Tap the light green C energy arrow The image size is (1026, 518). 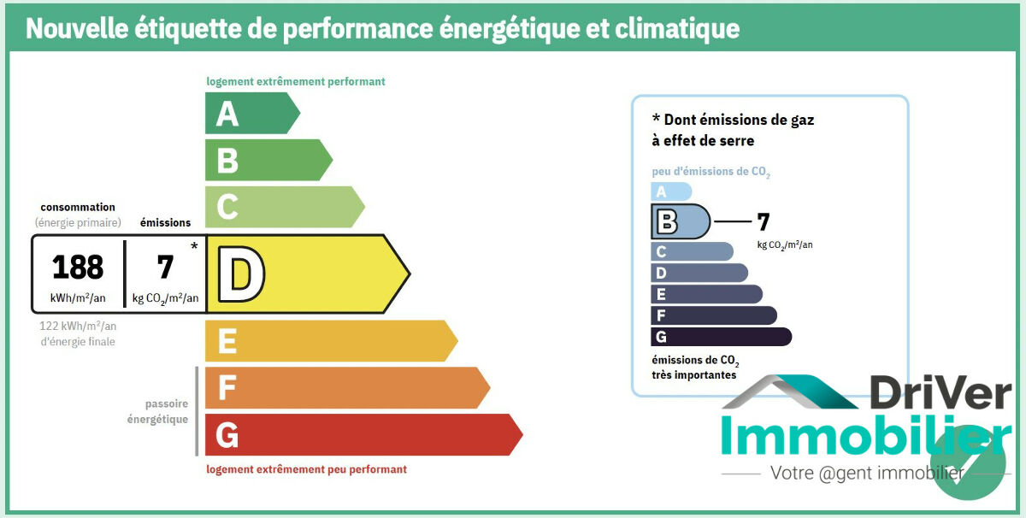[x=283, y=207]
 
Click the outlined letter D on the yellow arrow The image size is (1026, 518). [x=240, y=274]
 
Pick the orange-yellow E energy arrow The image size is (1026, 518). [x=330, y=341]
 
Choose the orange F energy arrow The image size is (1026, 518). [x=346, y=387]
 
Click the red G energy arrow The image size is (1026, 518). [x=363, y=434]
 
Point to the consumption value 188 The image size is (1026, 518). [x=78, y=268]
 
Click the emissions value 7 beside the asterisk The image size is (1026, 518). [x=165, y=268]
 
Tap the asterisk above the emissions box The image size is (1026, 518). [x=194, y=246]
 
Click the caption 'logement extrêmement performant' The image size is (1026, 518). [x=296, y=82]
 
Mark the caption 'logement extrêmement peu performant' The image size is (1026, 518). [x=307, y=469]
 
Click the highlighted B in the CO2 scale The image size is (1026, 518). [x=666, y=222]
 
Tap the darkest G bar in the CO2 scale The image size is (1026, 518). [x=721, y=337]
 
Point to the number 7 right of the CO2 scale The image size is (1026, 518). [x=764, y=222]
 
